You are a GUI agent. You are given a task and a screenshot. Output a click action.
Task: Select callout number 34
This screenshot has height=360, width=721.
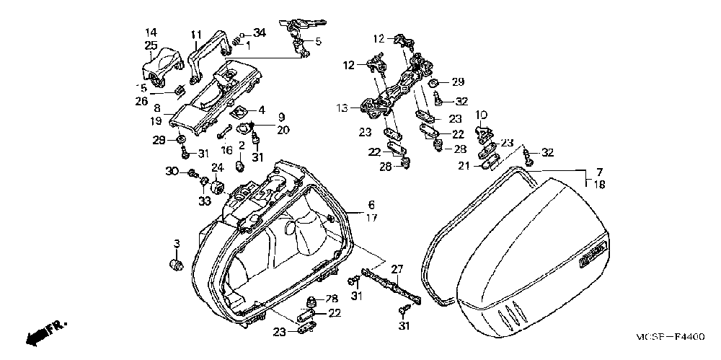pos(260,32)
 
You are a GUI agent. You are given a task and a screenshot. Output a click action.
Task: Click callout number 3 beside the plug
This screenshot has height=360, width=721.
pos(175,241)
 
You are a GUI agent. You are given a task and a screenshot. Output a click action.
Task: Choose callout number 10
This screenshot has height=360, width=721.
pos(481,114)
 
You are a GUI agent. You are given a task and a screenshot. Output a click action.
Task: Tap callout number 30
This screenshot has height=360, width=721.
pos(171,171)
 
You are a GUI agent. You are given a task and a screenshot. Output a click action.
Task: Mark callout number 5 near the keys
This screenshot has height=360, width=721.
pos(318,41)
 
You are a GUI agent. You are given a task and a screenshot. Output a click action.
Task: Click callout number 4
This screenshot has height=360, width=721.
pos(262,110)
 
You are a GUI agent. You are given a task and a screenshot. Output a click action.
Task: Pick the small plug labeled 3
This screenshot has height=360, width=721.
pos(176,265)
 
